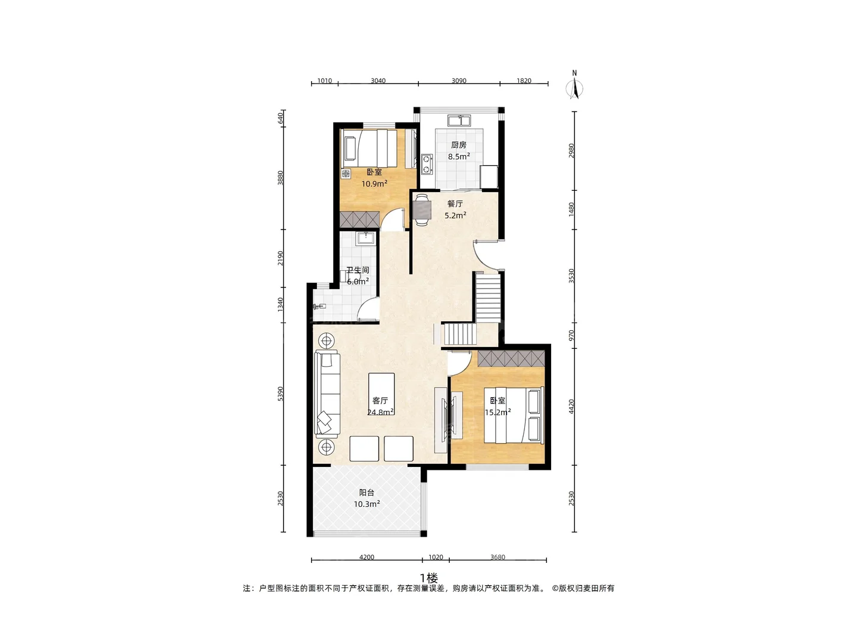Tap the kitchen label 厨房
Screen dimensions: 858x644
pos(459,145)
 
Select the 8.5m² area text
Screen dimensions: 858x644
pos(459,156)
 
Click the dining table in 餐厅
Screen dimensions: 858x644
pos(421,210)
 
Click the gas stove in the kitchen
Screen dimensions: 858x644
pos(427,164)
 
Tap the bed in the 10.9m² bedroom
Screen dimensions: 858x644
pos(369,149)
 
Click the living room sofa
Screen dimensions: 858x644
pos(327,394)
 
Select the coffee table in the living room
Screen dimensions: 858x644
pos(381,394)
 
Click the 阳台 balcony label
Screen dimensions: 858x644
pos(366,493)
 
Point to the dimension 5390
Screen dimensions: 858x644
pos(280,394)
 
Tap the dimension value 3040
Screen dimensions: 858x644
pos(378,81)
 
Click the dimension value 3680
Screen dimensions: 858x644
pos(498,557)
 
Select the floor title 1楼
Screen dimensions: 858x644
pos(429,578)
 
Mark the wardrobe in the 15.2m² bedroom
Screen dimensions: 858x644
pos(511,358)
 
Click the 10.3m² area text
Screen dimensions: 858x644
pos(366,504)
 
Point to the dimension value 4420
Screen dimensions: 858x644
pos(571,407)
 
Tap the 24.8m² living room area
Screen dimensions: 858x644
pos(380,411)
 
